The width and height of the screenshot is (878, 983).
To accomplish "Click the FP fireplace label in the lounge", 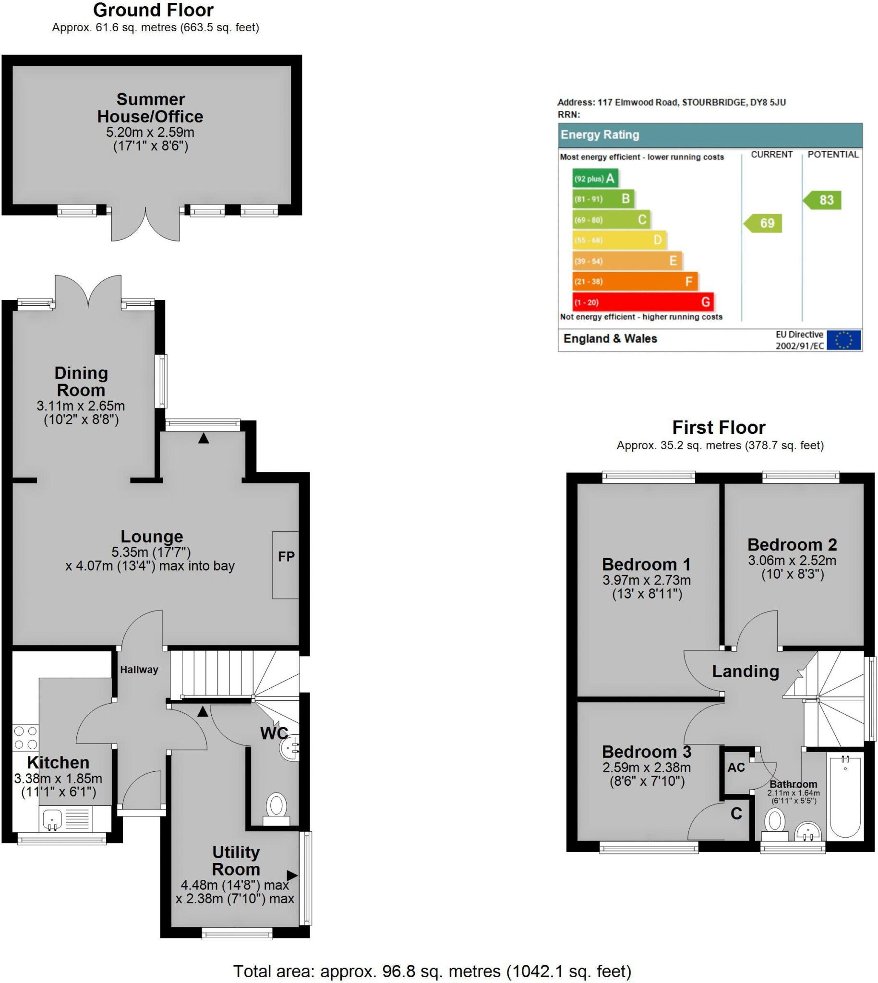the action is coord(286,557).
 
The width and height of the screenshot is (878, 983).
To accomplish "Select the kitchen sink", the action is coord(52,819).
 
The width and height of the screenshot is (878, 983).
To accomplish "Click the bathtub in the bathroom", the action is coord(845,799).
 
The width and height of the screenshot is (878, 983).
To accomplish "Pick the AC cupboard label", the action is coord(736,767).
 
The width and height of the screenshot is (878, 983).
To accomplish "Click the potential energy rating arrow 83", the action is coord(823,200).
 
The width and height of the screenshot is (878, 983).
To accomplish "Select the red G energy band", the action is coord(643,302).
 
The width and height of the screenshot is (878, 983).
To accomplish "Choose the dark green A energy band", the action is coord(595,179).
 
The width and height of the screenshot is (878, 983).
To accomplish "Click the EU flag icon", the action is coord(843,340).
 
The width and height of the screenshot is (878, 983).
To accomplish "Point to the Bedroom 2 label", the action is coord(792,545).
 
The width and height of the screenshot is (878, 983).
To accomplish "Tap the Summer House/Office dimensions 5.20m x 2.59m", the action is coord(150,132).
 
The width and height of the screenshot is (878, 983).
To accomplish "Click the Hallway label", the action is coord(139,670).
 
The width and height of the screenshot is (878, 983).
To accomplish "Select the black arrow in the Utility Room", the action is coord(292,875).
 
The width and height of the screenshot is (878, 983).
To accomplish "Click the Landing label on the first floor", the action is coord(746,671).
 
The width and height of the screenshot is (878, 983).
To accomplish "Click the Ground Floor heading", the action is coord(153,10).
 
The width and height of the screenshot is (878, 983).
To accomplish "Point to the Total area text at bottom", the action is coord(432,971).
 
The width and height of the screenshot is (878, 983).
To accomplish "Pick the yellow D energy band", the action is coord(619,240).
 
